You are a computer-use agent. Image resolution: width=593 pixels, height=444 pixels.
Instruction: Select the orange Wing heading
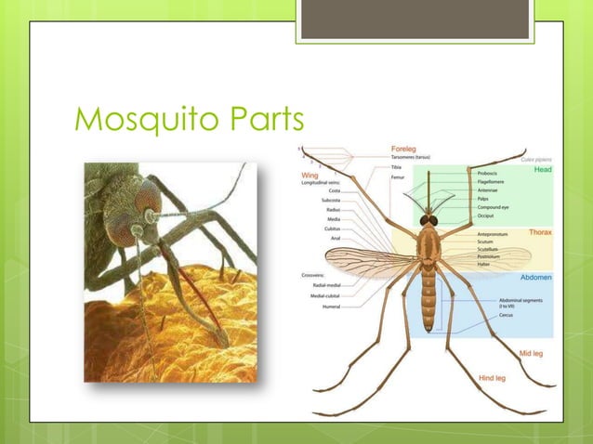coord(311,173)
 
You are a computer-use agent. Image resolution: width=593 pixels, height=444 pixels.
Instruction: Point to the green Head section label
coord(542,170)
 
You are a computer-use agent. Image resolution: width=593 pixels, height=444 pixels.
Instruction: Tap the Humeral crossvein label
coord(331,306)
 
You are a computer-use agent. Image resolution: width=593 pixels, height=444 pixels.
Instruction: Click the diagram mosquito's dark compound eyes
coord(428,220)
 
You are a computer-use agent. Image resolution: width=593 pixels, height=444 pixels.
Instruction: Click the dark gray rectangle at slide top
coord(415,19)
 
